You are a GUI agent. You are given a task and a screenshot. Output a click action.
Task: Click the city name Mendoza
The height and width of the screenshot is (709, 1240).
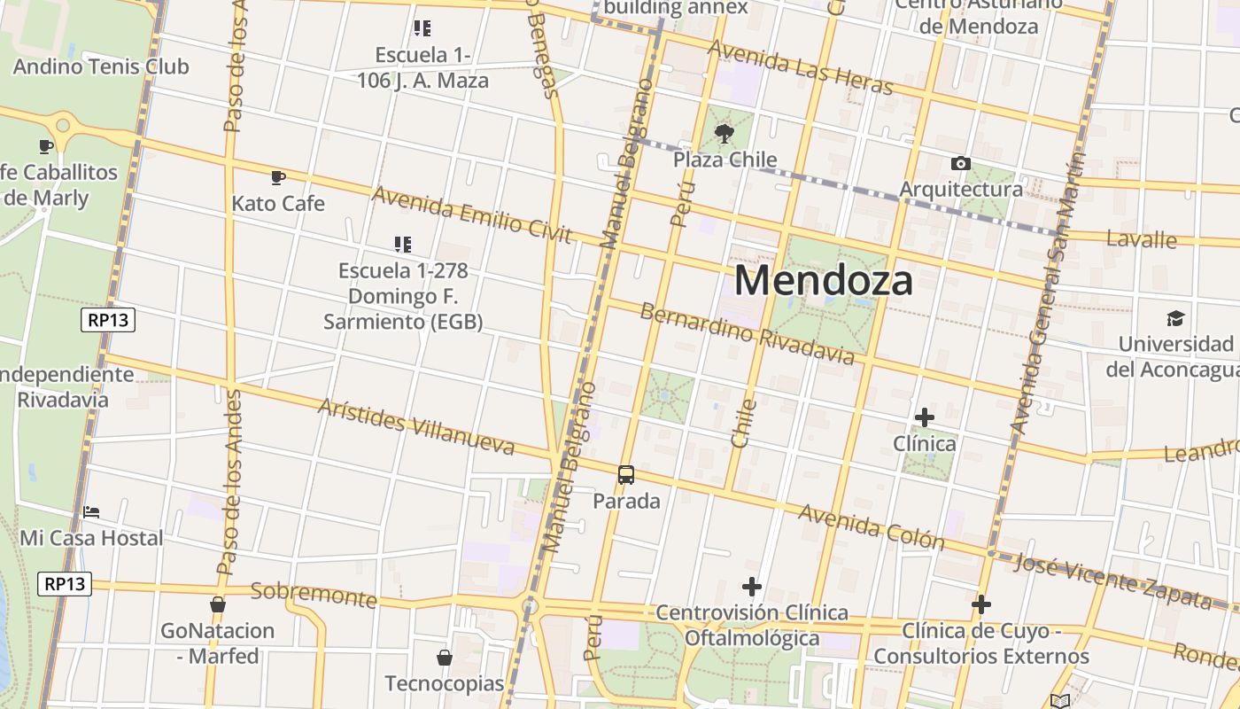(823, 281)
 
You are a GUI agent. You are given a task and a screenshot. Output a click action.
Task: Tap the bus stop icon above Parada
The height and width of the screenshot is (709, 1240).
(626, 475)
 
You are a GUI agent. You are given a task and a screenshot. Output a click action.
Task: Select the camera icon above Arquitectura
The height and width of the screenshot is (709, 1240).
(960, 163)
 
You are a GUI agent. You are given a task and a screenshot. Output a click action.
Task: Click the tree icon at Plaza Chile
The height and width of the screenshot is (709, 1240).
(725, 134)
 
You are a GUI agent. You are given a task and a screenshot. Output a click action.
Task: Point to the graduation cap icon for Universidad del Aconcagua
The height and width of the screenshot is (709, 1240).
(1175, 318)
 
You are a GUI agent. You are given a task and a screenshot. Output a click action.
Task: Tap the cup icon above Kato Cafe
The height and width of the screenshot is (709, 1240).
(278, 177)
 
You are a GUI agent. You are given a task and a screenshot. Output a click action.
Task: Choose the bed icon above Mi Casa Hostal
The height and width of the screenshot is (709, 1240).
(90, 512)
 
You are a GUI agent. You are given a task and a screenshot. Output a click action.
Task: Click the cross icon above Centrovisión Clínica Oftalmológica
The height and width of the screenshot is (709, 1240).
(752, 587)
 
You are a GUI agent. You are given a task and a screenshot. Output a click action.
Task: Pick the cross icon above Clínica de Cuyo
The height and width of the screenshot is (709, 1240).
(980, 604)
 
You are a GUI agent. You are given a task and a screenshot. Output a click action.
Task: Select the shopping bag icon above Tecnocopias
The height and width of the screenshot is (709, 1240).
(445, 658)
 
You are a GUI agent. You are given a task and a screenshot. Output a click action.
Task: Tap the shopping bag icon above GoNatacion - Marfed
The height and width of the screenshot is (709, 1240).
(217, 605)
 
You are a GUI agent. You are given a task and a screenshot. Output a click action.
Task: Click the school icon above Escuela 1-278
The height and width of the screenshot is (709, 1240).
(403, 244)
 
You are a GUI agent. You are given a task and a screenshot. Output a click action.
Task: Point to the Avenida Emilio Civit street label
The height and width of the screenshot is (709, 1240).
(471, 214)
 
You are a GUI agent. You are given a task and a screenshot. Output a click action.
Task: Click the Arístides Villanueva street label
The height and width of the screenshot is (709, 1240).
(415, 426)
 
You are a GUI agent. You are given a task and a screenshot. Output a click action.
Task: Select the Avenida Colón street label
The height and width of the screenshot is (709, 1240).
(871, 526)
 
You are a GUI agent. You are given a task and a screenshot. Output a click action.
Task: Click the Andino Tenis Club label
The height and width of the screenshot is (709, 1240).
(101, 66)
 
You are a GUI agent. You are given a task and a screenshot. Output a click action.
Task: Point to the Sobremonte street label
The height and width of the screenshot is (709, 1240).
(314, 595)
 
